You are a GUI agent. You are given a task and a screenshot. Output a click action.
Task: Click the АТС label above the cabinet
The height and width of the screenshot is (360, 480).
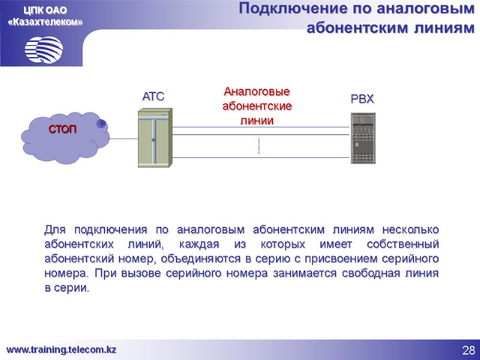point(153,96)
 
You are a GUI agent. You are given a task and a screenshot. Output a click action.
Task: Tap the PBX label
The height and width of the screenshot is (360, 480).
point(362,99)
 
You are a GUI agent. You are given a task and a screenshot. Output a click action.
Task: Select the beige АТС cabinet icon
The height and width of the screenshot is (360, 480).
point(154,137)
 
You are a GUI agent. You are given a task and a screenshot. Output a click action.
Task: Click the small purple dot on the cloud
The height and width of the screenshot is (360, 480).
point(102,123)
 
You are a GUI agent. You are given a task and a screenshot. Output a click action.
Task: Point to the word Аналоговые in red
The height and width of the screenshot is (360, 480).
point(257,92)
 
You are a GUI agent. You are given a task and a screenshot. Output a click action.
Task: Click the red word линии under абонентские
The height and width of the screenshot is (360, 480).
point(257,121)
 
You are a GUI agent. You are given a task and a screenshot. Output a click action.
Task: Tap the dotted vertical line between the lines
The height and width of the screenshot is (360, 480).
point(258,146)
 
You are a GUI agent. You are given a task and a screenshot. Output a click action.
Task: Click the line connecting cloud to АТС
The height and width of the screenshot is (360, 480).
point(123,139)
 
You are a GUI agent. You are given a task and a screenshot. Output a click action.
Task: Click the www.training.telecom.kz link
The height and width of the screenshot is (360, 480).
point(61,349)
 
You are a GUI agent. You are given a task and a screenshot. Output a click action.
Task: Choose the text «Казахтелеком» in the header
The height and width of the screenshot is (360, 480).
point(45,22)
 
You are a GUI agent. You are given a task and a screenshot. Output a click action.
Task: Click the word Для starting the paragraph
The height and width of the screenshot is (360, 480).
point(53,230)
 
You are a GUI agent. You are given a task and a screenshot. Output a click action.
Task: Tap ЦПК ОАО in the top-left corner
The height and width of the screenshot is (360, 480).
point(45,10)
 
